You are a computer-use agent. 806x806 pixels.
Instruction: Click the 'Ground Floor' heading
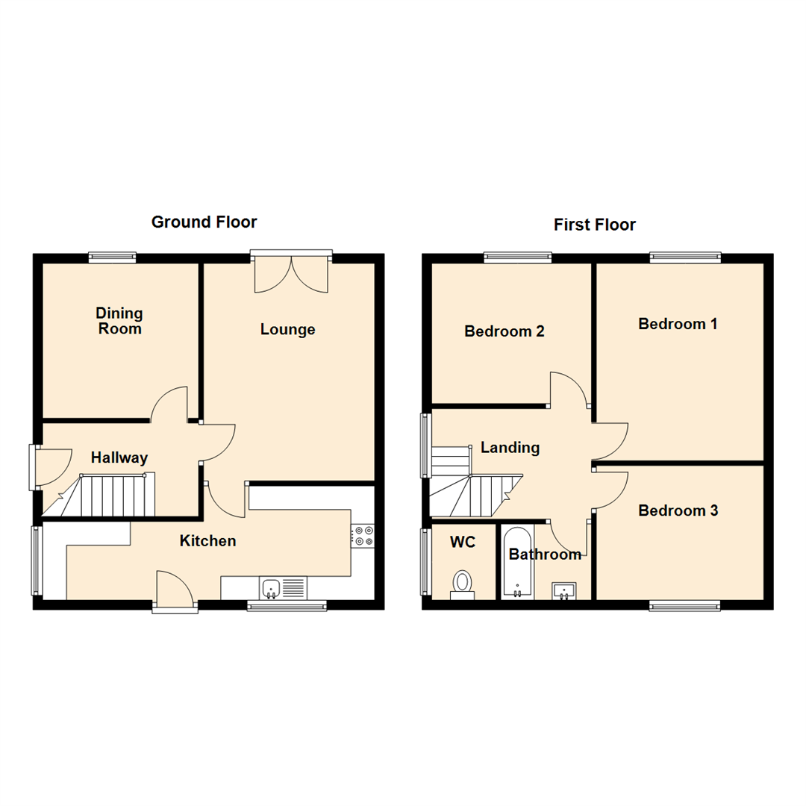pos(204,222)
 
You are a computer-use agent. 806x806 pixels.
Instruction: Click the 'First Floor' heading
pos(594,225)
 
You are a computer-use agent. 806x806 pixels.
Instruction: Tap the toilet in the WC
pos(463,583)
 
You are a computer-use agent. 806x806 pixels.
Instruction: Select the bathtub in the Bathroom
pos(516,563)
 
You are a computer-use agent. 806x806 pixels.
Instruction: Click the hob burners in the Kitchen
pos(363,535)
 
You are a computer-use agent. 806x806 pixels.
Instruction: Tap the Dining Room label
pos(119,321)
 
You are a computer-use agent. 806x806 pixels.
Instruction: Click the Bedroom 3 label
pos(678,511)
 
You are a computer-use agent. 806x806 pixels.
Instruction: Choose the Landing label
pos(510,448)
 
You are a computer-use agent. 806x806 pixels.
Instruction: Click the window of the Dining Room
pos(112,258)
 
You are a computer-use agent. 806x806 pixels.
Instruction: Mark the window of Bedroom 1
pos(685,258)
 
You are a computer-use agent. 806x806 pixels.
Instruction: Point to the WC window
pos(425,561)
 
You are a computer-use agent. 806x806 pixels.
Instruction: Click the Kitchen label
pos(207,541)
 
